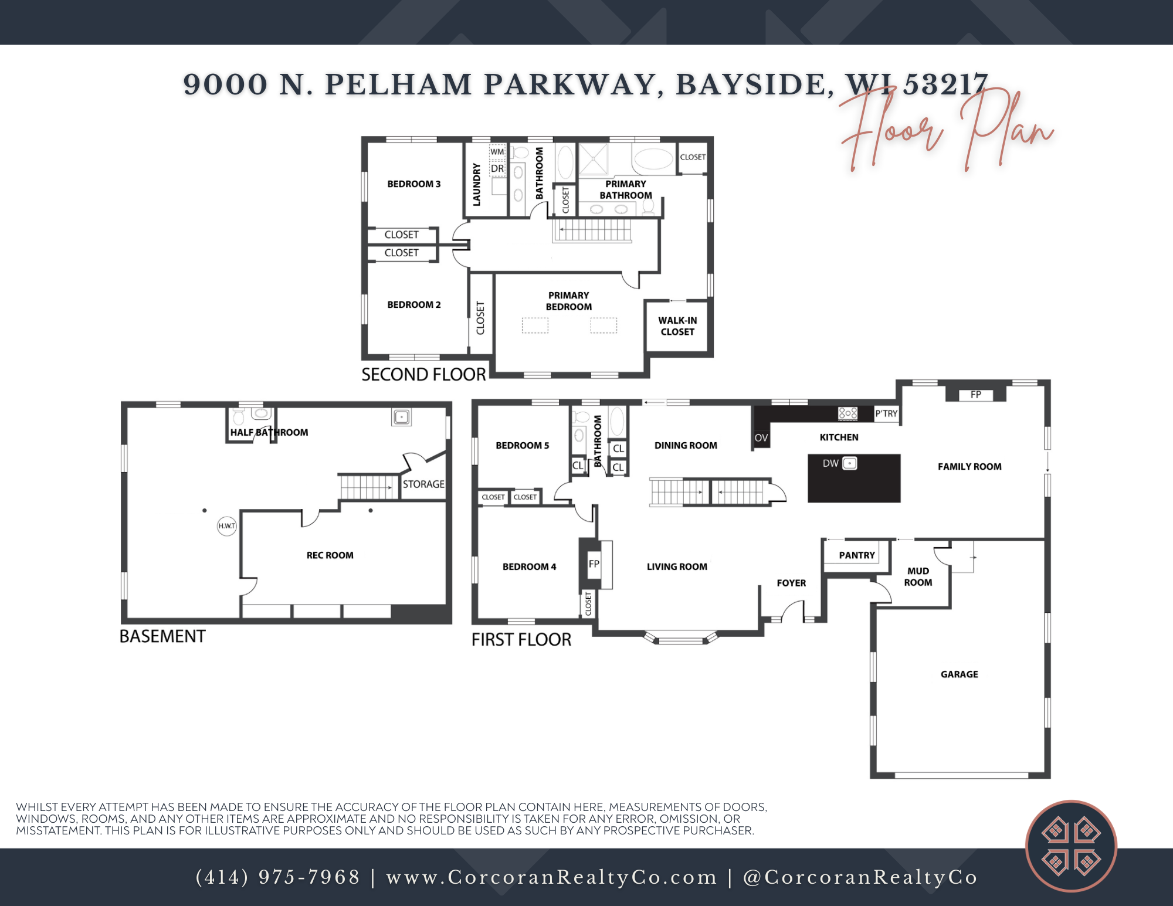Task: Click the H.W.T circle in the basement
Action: coord(226,526)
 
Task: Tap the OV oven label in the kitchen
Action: coord(761,438)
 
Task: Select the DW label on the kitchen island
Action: coord(830,463)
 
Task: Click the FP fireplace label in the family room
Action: coord(975,395)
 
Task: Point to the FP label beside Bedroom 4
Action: coord(594,564)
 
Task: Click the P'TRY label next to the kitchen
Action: coord(886,413)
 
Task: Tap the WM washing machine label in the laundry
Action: coord(497,152)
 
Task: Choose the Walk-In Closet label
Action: coord(677,326)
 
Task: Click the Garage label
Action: coord(959,674)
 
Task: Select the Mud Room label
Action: coord(918,576)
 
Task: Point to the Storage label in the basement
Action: coord(423,484)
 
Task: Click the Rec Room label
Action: coord(330,555)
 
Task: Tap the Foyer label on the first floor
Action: coord(791,583)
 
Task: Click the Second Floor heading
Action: coord(423,374)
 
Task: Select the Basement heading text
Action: coord(162,636)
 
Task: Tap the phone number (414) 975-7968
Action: coord(277,877)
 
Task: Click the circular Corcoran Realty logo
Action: coord(1070,846)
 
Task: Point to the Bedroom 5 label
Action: coord(522,446)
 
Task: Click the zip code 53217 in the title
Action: coord(945,84)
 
